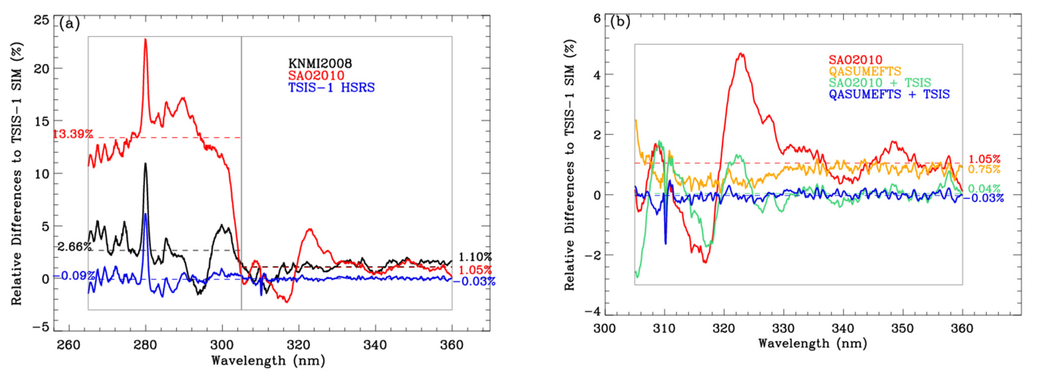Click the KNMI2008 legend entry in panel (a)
320,63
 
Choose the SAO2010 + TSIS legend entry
879,83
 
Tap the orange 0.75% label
984,169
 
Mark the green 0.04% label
984,189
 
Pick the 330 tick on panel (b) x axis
783,328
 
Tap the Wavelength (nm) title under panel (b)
812,343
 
